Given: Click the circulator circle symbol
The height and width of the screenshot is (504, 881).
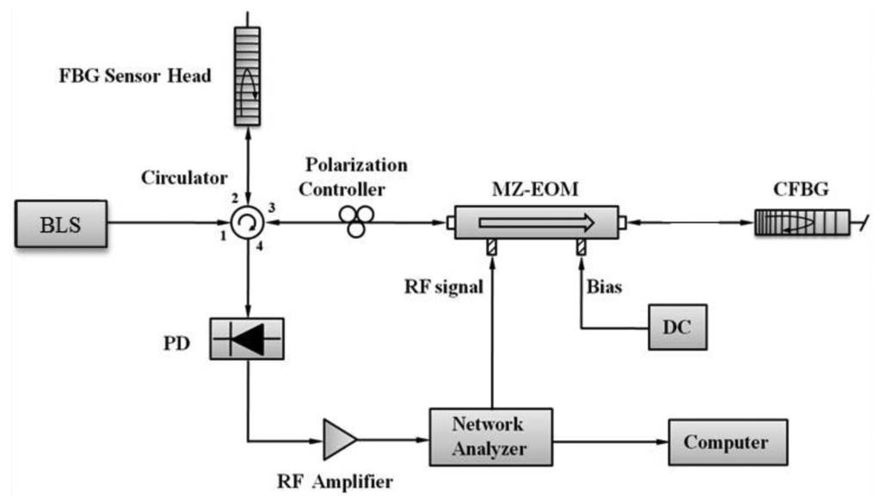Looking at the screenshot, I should point(248,226).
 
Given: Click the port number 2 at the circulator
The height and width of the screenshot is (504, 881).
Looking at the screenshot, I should point(234,200).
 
